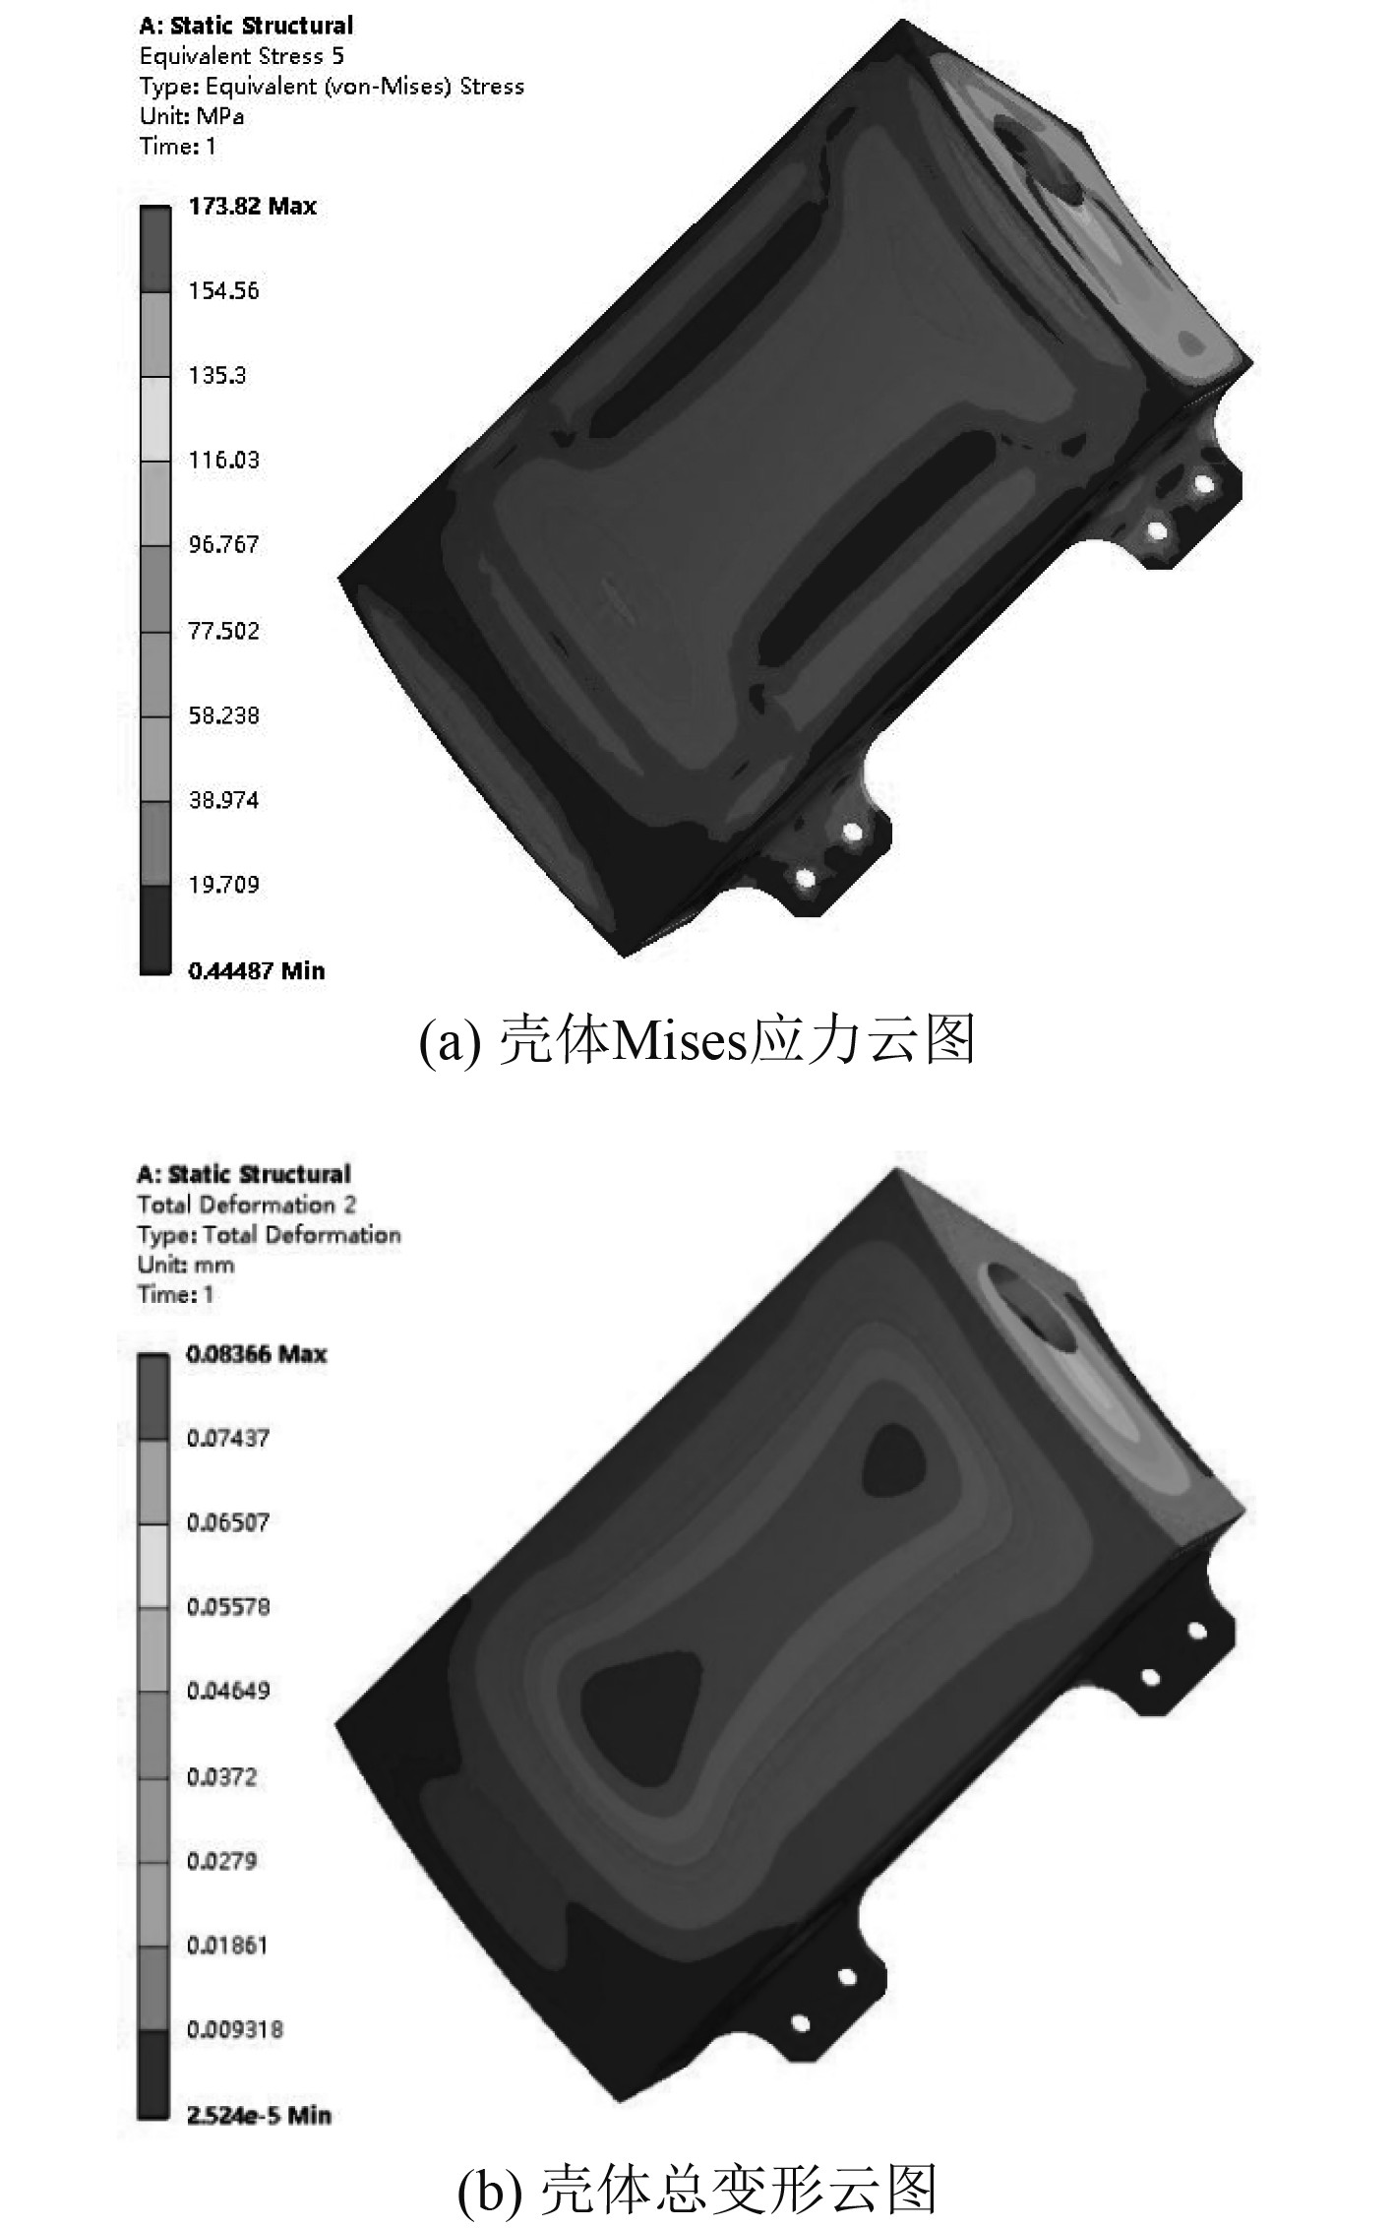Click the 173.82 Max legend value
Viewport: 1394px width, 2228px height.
click(252, 207)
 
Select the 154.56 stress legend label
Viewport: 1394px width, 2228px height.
click(223, 291)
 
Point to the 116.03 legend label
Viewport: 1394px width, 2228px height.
click(223, 461)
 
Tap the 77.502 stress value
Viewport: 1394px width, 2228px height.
click(223, 631)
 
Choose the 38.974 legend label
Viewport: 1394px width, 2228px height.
click(223, 800)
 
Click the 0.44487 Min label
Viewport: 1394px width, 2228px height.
click(256, 971)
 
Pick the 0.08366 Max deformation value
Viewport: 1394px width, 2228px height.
click(256, 1354)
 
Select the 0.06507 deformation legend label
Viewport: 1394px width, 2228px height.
click(227, 1522)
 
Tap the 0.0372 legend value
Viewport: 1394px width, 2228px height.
click(221, 1776)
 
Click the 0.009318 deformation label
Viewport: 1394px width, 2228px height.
click(234, 2028)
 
